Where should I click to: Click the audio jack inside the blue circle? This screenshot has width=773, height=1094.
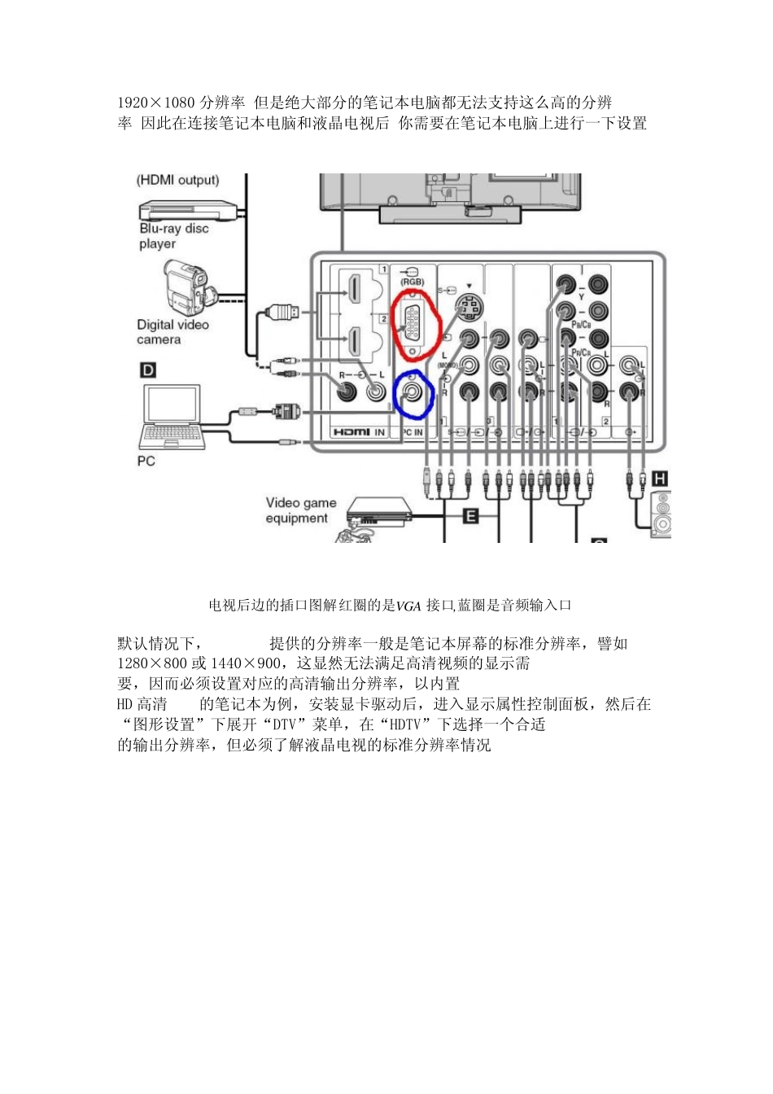[x=413, y=394]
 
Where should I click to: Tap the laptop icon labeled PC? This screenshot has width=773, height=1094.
[x=171, y=417]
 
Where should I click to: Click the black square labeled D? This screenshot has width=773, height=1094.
[x=147, y=370]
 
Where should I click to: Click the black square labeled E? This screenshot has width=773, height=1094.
[x=470, y=515]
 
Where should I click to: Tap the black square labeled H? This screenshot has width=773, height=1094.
[x=660, y=479]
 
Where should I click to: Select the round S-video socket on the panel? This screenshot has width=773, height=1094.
[x=469, y=309]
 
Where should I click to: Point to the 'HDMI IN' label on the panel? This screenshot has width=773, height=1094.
[x=358, y=432]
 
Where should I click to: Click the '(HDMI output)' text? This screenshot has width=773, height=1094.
[x=177, y=181]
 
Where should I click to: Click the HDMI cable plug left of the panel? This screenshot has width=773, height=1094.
[x=284, y=311]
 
